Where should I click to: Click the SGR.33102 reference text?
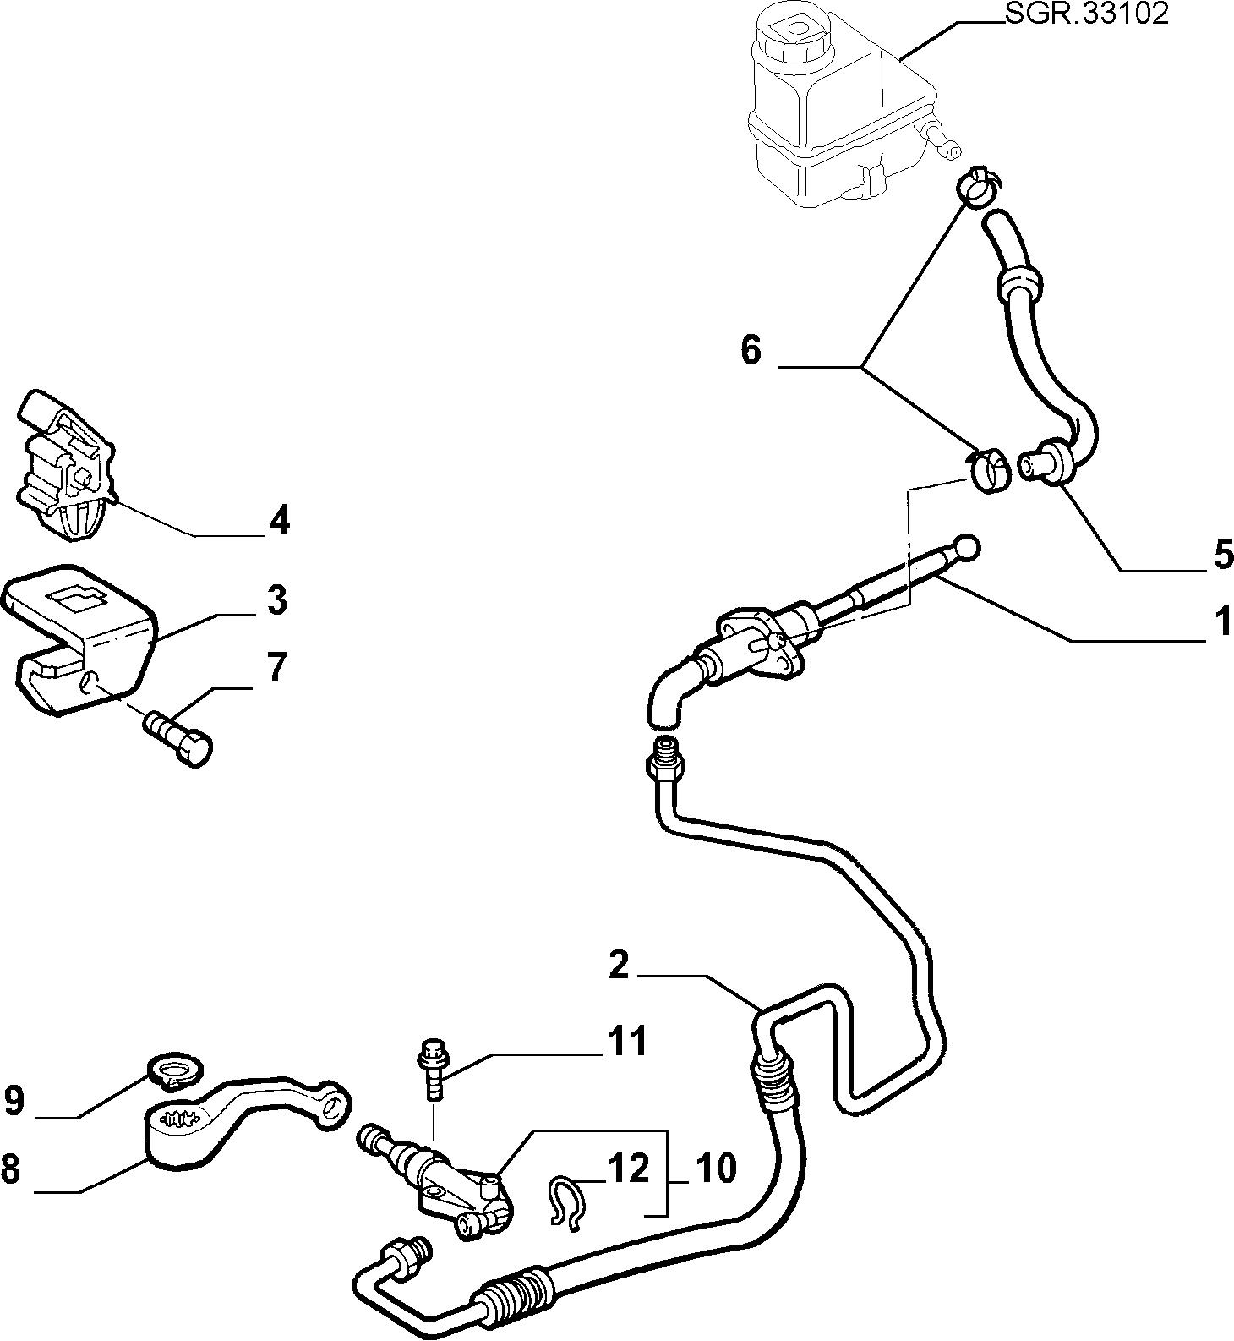pyautogui.click(x=1086, y=14)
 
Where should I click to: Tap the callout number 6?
pyautogui.click(x=751, y=349)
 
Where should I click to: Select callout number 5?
pyautogui.click(x=1223, y=555)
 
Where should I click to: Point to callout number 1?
pyautogui.click(x=1223, y=623)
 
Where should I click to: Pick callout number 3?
pyautogui.click(x=277, y=599)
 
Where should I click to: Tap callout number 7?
pyautogui.click(x=277, y=668)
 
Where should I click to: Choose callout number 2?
pyautogui.click(x=619, y=965)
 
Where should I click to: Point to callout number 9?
pyautogui.click(x=14, y=1101)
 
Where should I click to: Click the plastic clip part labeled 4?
pyautogui.click(x=66, y=463)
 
